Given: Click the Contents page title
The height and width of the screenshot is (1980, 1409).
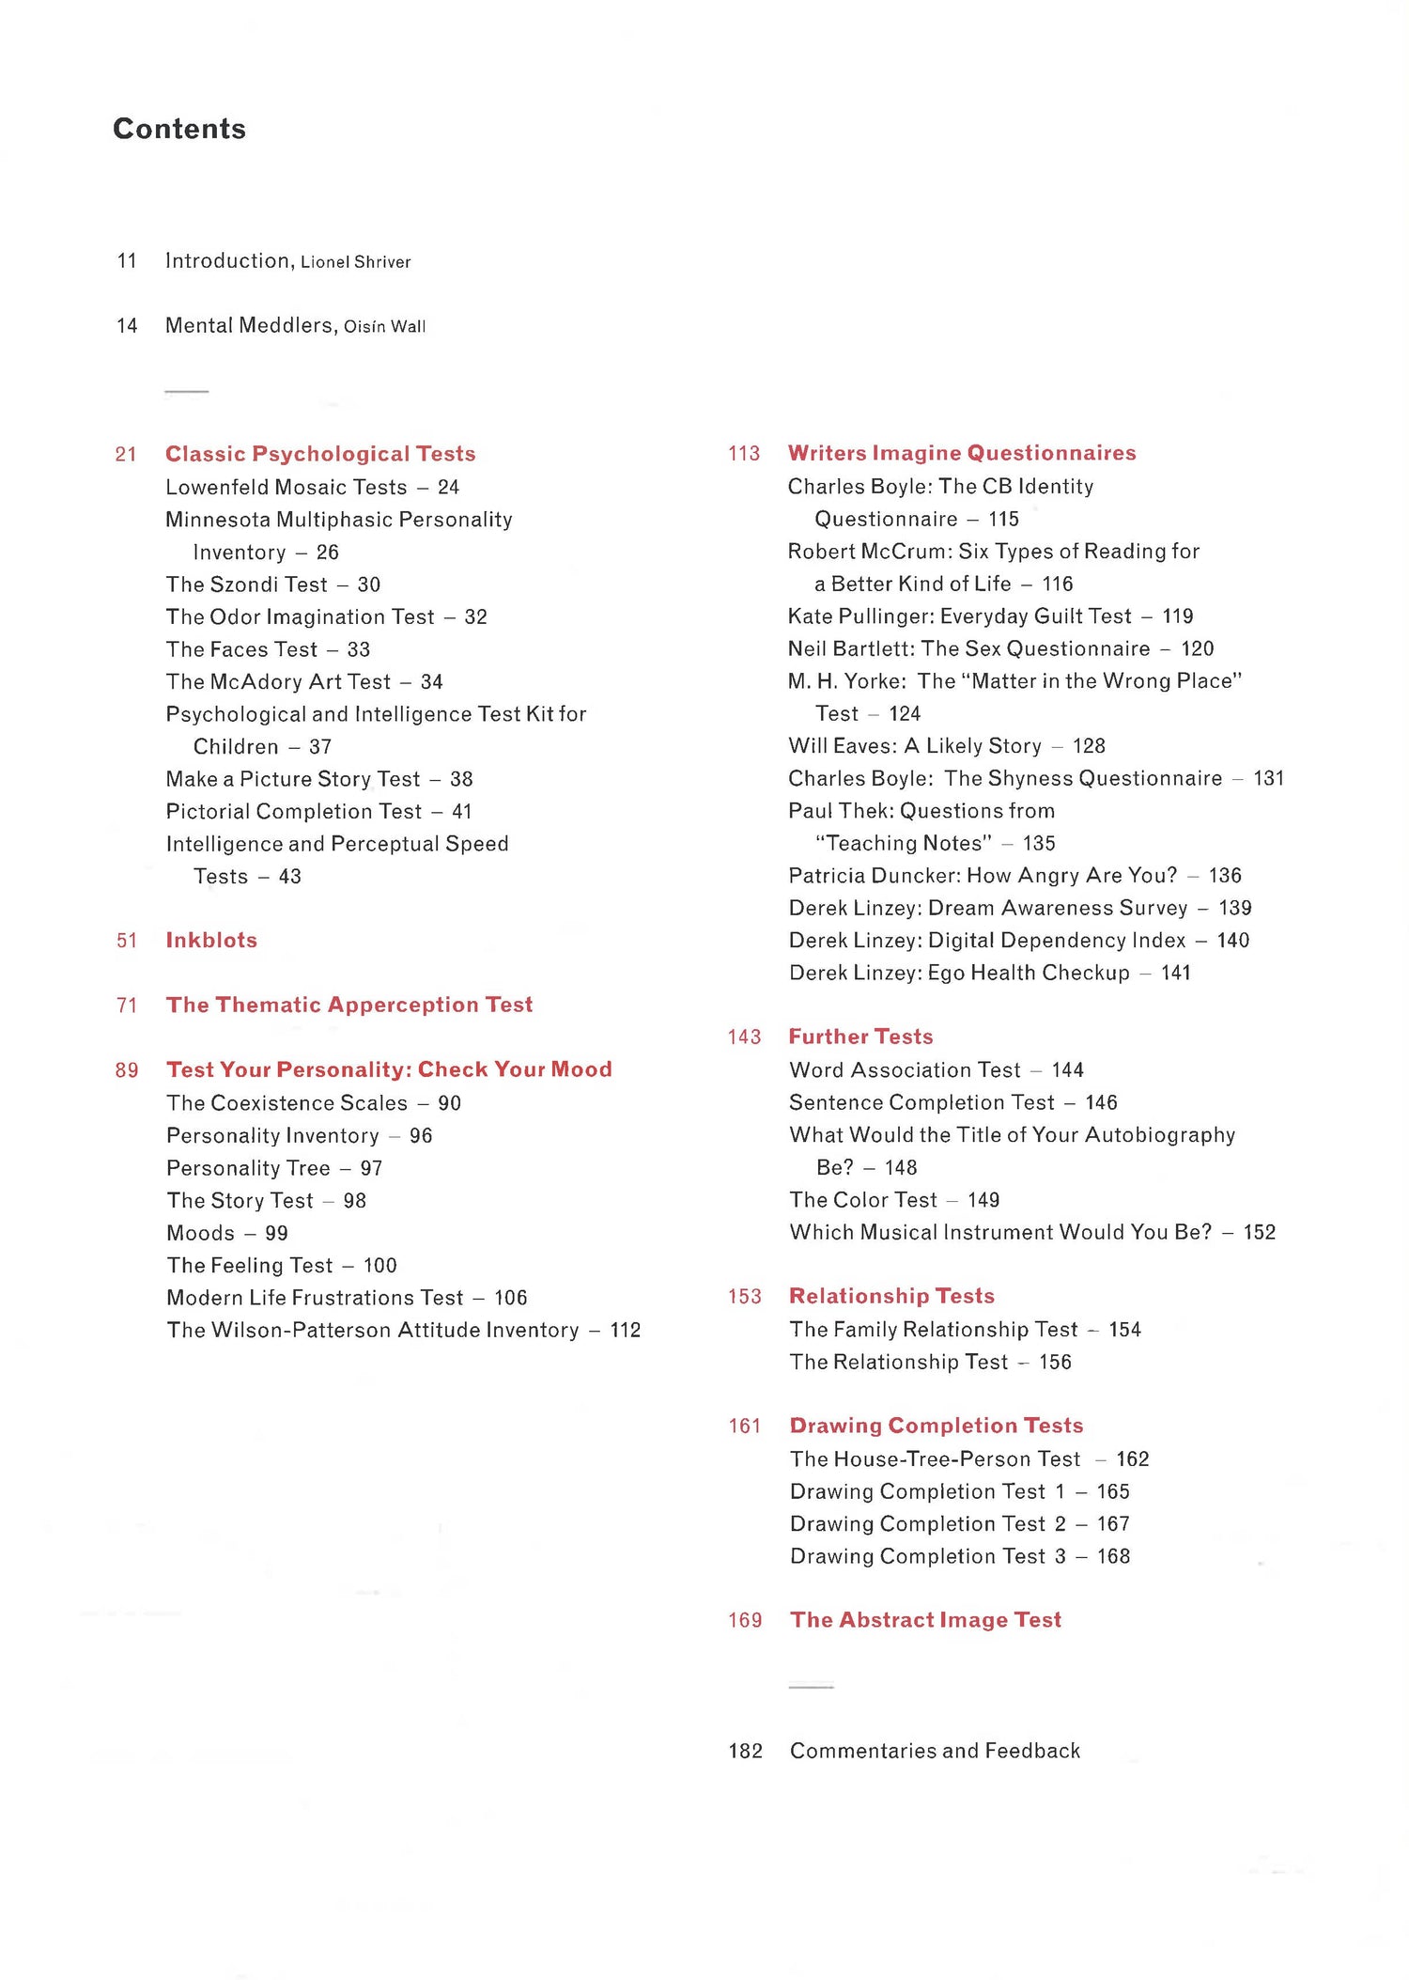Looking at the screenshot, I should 179,129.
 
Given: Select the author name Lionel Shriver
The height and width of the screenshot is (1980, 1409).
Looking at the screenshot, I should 355,262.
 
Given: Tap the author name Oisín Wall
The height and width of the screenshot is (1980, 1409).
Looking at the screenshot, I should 384,327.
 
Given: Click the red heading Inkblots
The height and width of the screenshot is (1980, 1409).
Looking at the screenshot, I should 211,940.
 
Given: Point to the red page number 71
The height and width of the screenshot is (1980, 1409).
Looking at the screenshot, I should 127,1006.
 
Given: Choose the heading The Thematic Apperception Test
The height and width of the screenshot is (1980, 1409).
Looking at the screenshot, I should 349,1005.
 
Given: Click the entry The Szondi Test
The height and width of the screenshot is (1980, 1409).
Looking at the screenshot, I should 246,585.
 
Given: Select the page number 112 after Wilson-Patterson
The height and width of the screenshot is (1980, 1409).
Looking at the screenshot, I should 626,1330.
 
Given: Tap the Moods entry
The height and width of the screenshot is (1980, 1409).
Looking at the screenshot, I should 200,1233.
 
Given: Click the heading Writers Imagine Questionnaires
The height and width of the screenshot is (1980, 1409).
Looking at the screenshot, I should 962,453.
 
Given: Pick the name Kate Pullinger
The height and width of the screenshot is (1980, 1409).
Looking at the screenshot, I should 859,616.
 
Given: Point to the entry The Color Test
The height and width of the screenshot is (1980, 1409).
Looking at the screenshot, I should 863,1200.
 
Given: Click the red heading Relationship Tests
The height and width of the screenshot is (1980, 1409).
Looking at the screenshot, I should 891,1296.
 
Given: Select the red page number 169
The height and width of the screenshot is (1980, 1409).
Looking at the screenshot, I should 745,1620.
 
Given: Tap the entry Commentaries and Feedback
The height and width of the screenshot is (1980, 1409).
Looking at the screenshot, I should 935,1751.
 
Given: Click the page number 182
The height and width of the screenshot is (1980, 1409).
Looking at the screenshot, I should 745,1751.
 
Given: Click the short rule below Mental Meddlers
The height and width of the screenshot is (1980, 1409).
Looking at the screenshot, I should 187,391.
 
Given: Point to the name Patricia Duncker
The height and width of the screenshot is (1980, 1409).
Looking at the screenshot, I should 873,876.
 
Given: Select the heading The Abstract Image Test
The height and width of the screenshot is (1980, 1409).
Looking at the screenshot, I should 925,1620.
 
